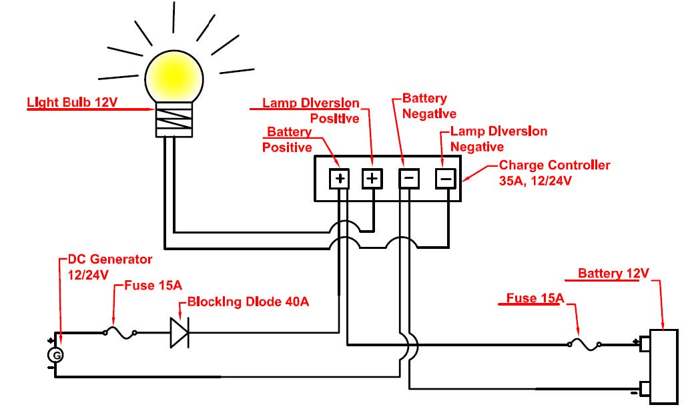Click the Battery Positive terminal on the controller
pos(340,178)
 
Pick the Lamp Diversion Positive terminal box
pos(372,178)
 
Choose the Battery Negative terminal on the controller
pos(408,178)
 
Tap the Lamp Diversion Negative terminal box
pos(446,178)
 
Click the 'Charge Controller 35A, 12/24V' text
pos(554,172)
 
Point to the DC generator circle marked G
pos(57,356)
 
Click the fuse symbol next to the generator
pos(120,332)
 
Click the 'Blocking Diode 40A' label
pos(248,302)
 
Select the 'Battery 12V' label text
pos(613,274)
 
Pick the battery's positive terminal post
pos(645,344)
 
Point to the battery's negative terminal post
pos(645,388)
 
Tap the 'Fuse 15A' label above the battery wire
pos(531,298)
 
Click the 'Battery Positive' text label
pos(288,139)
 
